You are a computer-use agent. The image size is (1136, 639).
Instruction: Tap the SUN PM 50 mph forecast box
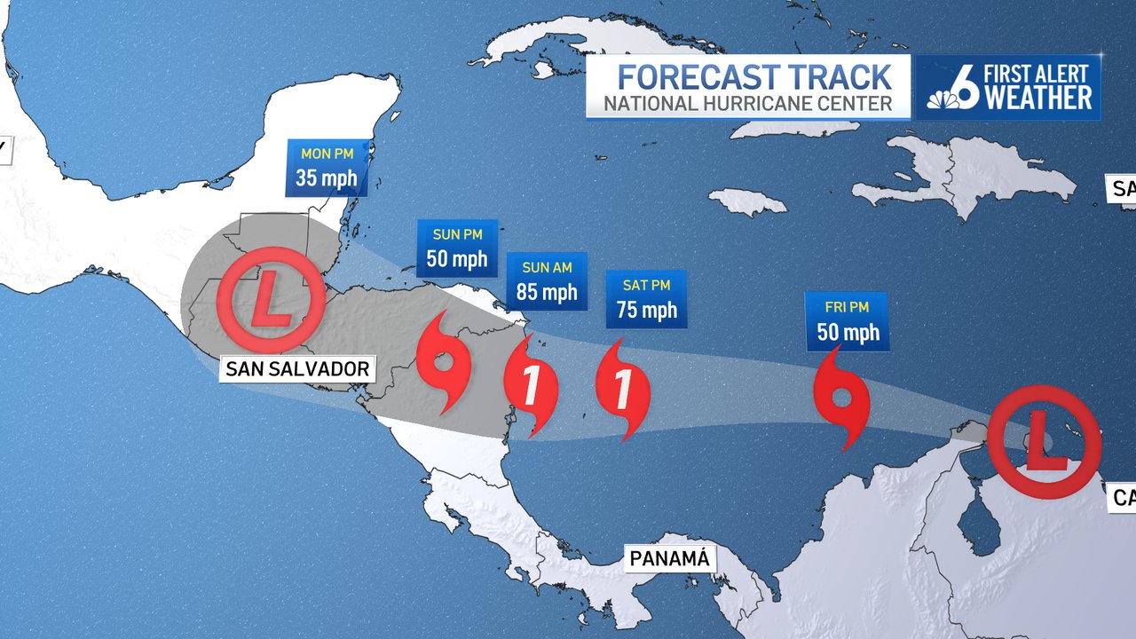tap(457, 248)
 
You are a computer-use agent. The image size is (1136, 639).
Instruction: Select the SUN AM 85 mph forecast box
tap(547, 281)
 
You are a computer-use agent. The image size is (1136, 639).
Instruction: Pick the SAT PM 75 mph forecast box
tap(646, 298)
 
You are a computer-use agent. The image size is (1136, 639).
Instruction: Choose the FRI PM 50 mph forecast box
tap(846, 320)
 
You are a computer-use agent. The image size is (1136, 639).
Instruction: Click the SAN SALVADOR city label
tap(297, 368)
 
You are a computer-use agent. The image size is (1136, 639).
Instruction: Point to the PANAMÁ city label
tap(670, 558)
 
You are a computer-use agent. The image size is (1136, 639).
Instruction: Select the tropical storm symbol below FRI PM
tap(841, 399)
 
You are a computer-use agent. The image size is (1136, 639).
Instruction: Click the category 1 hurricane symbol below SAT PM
tap(623, 390)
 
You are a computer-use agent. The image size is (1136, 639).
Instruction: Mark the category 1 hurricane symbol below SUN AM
tap(531, 387)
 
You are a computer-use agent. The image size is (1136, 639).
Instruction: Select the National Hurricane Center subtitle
tap(748, 104)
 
